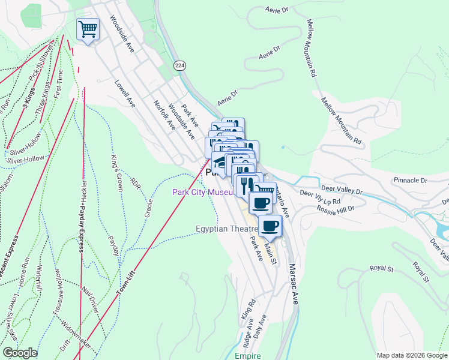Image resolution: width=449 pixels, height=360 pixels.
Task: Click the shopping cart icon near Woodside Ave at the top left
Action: click(88, 28)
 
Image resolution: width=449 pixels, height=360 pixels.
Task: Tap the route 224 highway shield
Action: click(179, 65)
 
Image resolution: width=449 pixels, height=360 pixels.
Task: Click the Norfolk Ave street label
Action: click(163, 115)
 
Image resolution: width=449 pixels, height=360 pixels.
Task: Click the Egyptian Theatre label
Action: click(227, 229)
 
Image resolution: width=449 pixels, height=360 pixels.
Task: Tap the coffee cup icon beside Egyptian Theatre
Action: click(270, 226)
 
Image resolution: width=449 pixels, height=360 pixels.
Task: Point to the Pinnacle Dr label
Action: click(410, 179)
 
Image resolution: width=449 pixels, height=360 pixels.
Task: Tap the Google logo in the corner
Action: click(20, 353)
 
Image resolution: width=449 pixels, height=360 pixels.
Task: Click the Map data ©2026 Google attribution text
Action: click(411, 355)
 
